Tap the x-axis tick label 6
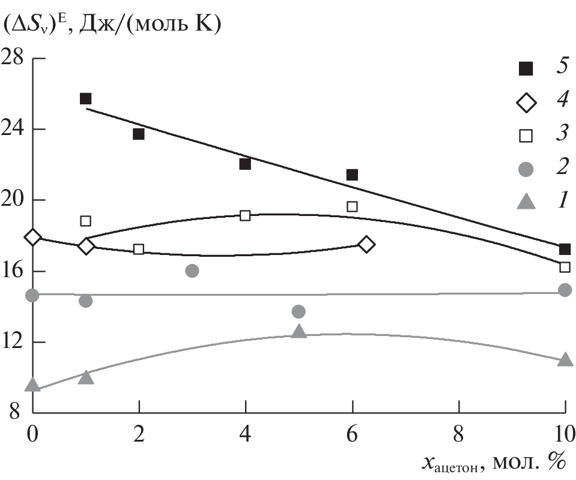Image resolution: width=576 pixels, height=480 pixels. (x=352, y=433)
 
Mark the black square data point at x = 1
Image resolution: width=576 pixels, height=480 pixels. (x=85, y=98)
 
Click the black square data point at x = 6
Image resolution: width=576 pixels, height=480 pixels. (x=352, y=175)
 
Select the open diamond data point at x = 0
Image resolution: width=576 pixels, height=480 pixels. (x=33, y=237)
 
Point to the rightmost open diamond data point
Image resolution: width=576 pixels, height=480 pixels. (x=366, y=244)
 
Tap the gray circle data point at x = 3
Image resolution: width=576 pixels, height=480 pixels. (x=192, y=271)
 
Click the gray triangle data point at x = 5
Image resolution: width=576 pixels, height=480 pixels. (x=299, y=331)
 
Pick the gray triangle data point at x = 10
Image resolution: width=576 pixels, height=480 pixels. (x=565, y=359)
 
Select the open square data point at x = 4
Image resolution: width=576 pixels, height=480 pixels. (x=245, y=215)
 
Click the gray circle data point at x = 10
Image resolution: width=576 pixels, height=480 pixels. (x=565, y=290)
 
